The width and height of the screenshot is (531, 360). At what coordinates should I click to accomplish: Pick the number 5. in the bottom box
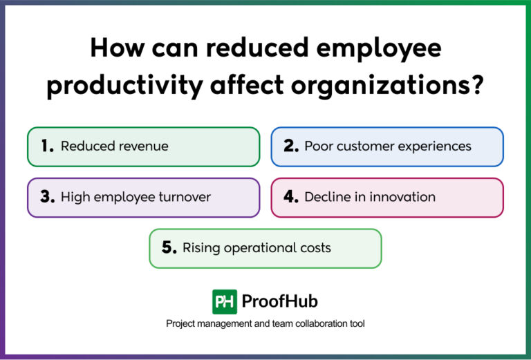(x=169, y=247)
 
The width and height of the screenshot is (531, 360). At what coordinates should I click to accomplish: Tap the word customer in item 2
(x=364, y=146)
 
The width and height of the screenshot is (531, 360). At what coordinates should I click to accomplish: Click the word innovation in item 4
(x=403, y=197)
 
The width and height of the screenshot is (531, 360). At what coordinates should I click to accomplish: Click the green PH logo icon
(x=225, y=301)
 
